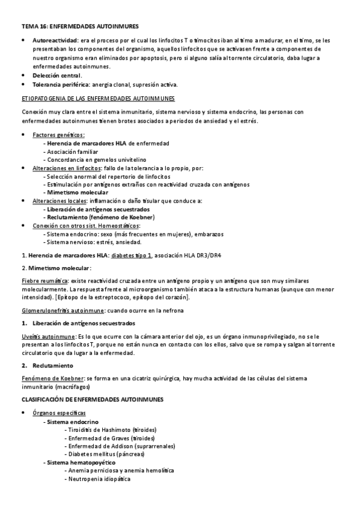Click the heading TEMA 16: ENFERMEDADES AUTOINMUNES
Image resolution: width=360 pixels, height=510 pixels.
point(80,26)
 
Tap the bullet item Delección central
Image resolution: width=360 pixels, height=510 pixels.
point(57,75)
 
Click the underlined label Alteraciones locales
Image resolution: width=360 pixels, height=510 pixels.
point(59,200)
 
